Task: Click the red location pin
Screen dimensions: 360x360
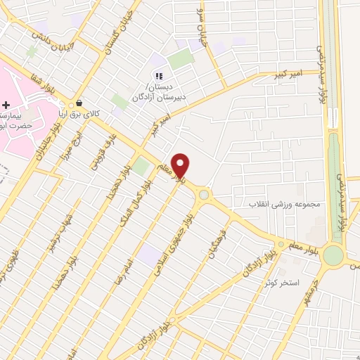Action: tap(181, 166)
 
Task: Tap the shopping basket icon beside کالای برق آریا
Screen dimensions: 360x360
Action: tap(79, 103)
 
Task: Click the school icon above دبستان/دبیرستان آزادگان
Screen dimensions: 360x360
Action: tap(159, 76)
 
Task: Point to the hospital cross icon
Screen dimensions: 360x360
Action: tap(6, 105)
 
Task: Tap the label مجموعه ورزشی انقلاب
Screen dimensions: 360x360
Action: tap(283, 204)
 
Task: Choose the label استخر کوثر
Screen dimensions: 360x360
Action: tap(282, 283)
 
